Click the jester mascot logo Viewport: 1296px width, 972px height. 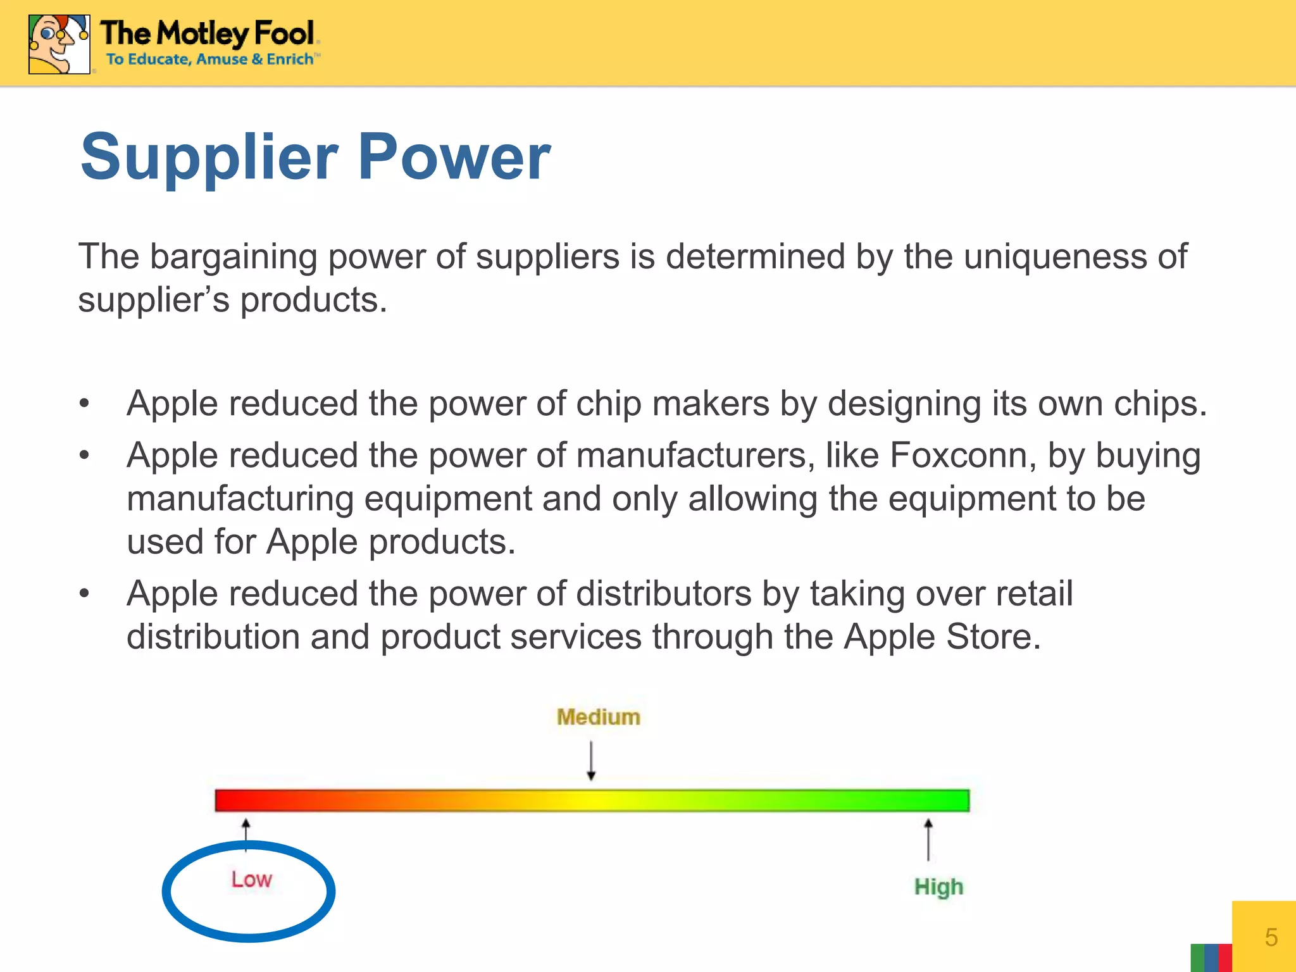pyautogui.click(x=59, y=44)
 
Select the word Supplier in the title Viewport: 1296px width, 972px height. pyautogui.click(x=209, y=157)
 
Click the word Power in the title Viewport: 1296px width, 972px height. pyautogui.click(x=454, y=157)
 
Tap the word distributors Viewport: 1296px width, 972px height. pyautogui.click(x=663, y=594)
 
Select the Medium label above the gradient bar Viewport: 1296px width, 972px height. pyautogui.click(x=598, y=717)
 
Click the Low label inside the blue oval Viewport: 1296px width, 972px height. pyautogui.click(x=251, y=880)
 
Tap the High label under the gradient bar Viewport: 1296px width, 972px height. pyautogui.click(x=938, y=887)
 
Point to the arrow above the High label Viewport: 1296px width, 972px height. pyautogui.click(x=928, y=839)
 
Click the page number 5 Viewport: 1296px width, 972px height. pyautogui.click(x=1271, y=937)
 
